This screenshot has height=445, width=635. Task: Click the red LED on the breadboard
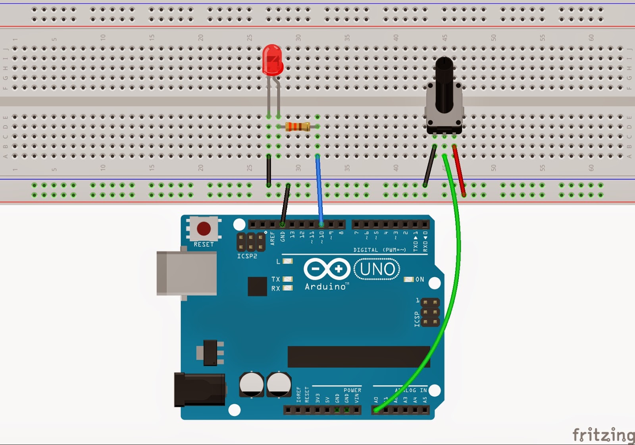point(272,60)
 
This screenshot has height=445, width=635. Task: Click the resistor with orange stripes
point(298,127)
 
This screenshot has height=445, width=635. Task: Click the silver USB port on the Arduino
point(187,273)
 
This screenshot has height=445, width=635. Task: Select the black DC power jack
point(200,389)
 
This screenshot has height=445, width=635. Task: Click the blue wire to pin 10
point(319,191)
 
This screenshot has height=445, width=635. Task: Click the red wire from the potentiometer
point(459,171)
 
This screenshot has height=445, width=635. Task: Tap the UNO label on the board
point(377,269)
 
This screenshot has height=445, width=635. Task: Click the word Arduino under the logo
point(325,287)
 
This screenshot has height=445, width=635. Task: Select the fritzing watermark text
point(603,435)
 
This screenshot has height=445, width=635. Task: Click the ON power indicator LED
point(409,279)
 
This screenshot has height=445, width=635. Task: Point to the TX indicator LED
point(288,279)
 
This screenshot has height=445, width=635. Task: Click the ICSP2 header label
point(247,256)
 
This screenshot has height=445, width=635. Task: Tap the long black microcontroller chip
point(359,356)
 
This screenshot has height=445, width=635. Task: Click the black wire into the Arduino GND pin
point(285,204)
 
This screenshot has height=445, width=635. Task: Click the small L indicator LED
point(288,261)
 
